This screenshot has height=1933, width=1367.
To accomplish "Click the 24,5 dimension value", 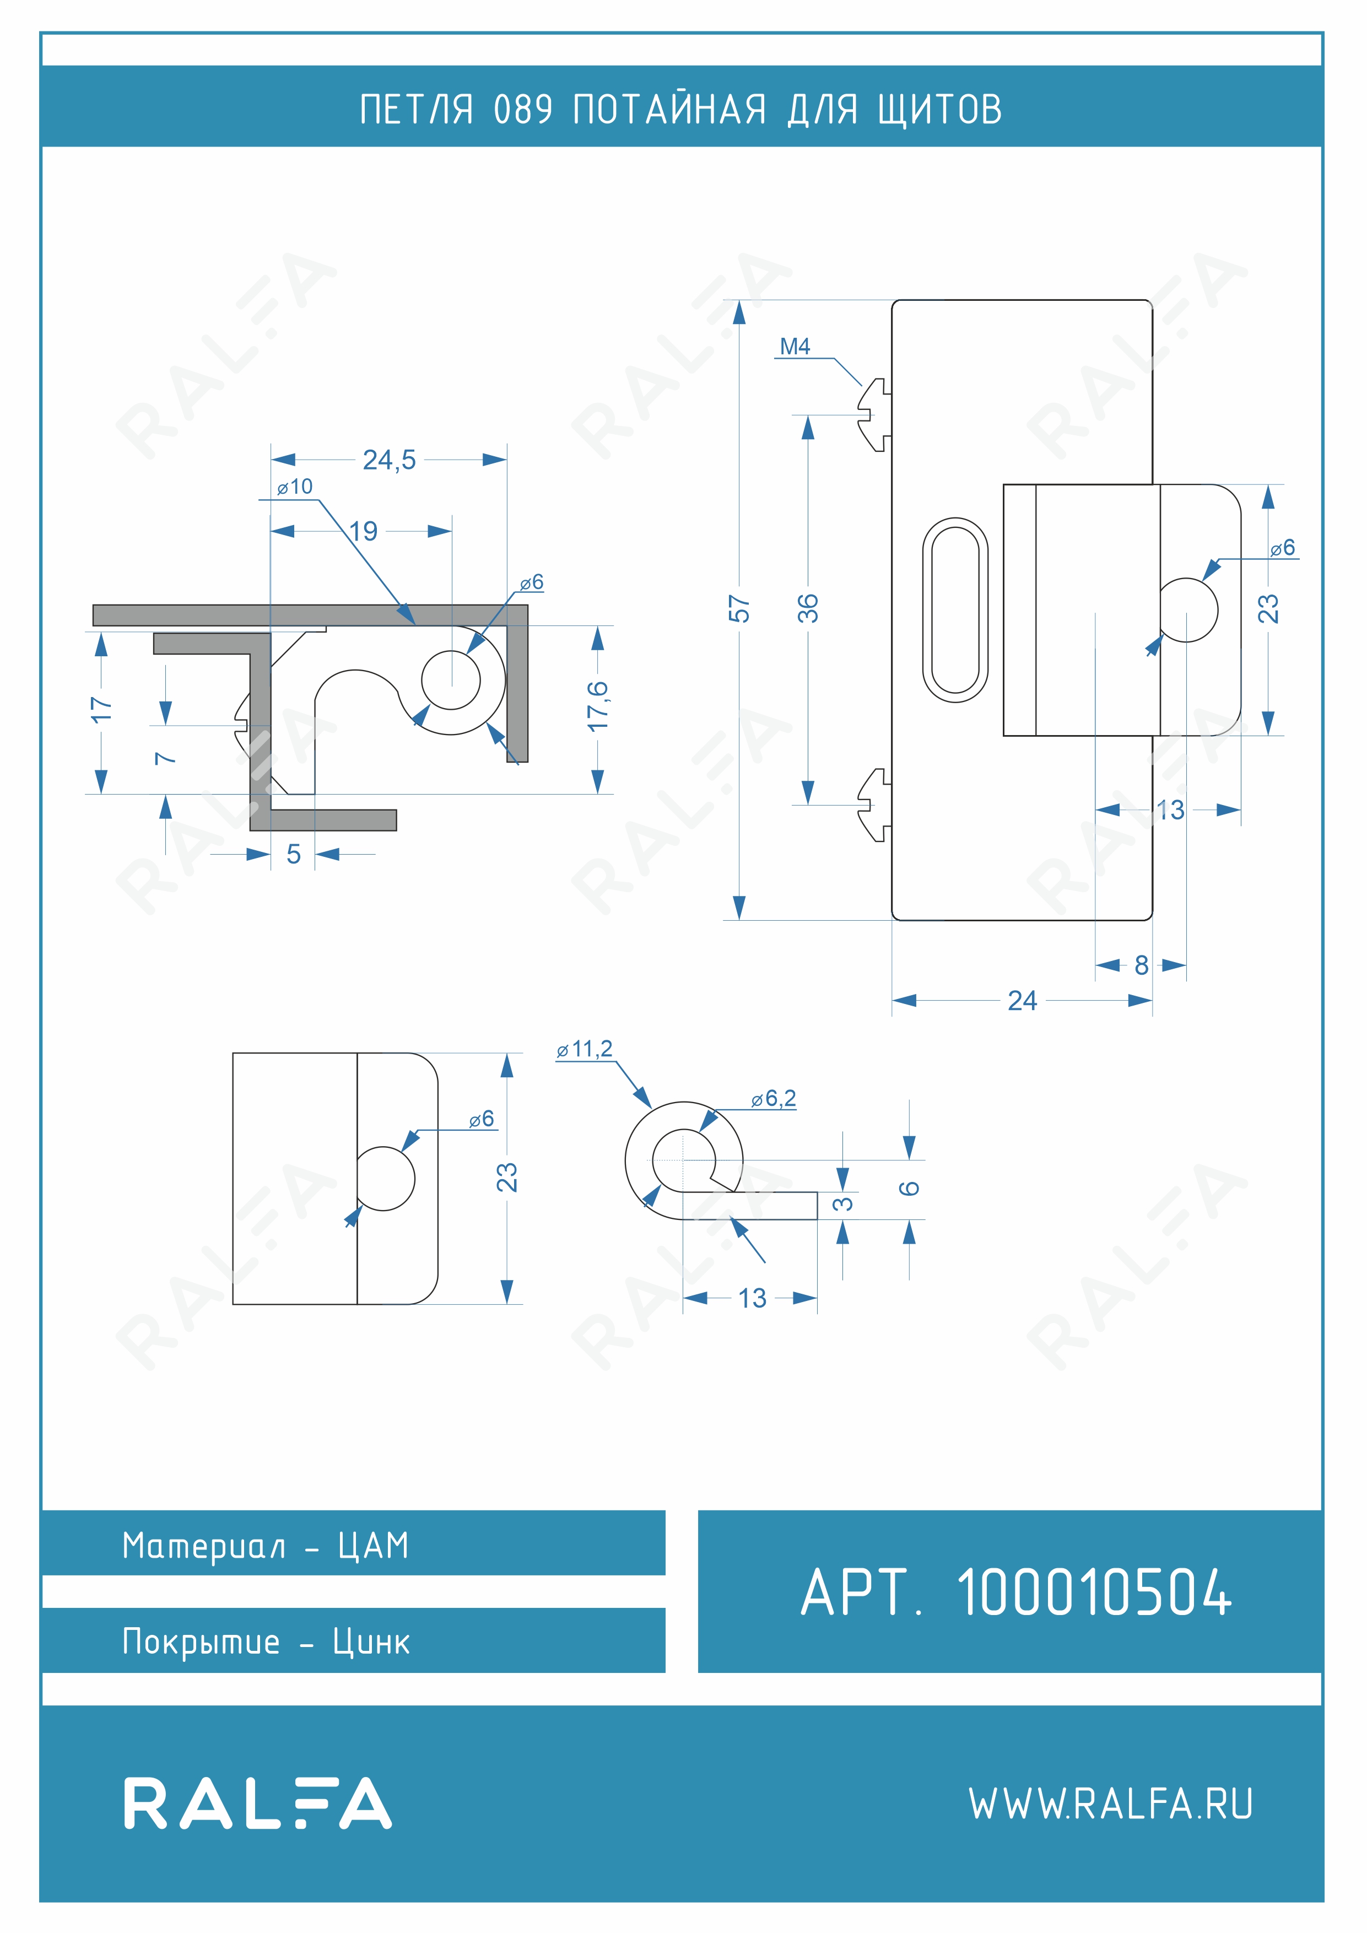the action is point(389,460).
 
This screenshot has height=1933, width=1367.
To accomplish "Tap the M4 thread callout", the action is point(795,346).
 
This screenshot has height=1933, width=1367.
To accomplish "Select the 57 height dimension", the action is point(739,609).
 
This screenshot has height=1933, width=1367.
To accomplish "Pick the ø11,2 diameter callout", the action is point(584,1049).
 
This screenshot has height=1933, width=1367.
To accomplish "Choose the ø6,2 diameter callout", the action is point(774,1099).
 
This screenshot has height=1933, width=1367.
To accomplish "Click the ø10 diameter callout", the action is point(295,487).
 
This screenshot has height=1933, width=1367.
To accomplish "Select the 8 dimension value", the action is point(1142,965).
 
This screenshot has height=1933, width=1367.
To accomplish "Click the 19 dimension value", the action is point(364,531).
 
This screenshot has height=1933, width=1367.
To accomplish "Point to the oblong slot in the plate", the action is point(955,609).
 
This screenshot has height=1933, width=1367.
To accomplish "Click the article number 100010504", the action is point(1094,1594).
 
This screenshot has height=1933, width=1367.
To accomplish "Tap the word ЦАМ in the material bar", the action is point(373,1546).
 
